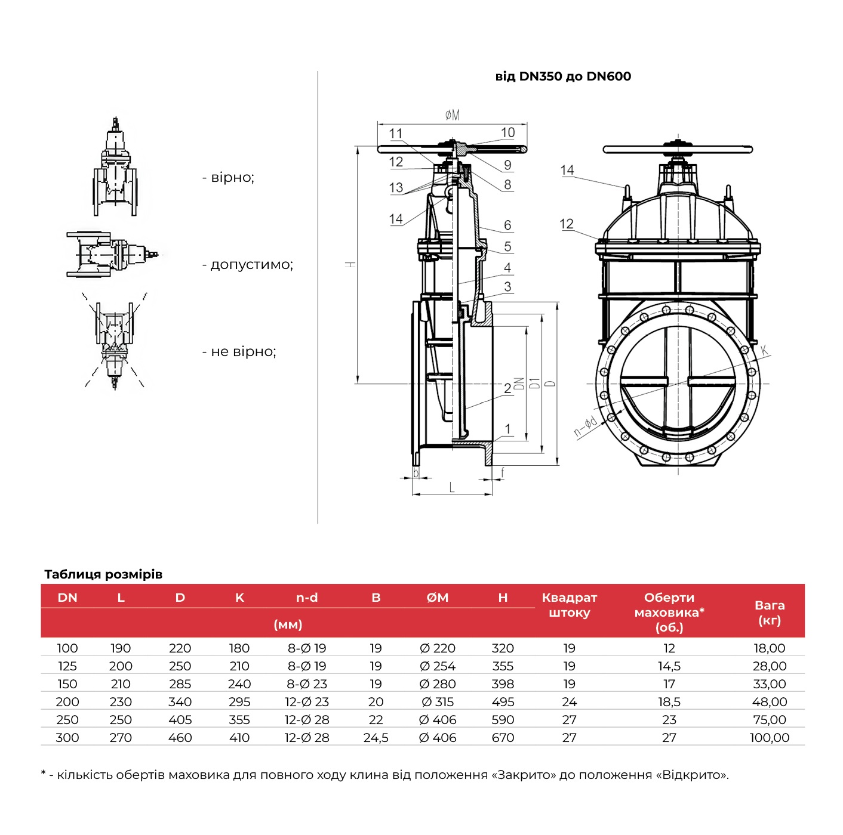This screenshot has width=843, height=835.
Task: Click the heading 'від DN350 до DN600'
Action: pos(563,76)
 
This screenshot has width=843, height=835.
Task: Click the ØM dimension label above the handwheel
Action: pos(453,115)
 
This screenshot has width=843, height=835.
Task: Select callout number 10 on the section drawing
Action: pos(507,132)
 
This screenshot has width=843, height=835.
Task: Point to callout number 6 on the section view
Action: pos(507,225)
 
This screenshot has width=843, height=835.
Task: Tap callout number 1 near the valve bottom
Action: pos(507,429)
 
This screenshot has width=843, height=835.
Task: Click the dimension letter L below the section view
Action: pos(452,488)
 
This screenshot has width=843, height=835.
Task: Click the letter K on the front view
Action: pos(764,350)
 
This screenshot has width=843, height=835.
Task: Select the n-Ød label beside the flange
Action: pos(585,427)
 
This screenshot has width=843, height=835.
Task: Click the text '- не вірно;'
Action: pos(239,352)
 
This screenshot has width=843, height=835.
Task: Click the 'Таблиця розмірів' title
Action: pos(103,574)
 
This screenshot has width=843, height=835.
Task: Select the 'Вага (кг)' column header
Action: pos(769,613)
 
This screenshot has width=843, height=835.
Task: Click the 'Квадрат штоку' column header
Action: pos(569,605)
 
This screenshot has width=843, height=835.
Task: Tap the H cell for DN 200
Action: pos(503,702)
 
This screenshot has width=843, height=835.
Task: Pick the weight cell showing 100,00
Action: pos(769,738)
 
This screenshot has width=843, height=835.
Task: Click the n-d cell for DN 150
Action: pos(307,684)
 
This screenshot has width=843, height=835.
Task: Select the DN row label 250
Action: pos(67,720)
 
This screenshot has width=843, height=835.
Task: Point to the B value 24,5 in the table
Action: pos(376,738)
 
